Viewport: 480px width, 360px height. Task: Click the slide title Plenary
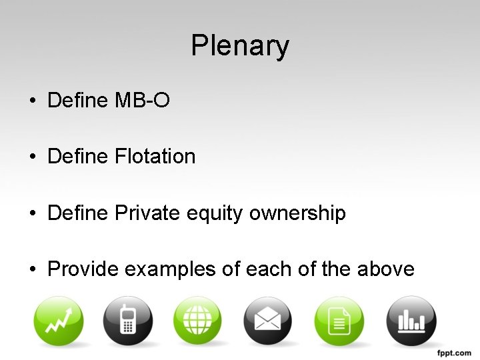[240, 46]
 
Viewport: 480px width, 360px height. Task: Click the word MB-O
[143, 101]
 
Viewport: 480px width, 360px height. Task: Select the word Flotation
[155, 157]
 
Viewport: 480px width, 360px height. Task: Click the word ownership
[297, 214]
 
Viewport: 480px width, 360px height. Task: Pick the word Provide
[83, 269]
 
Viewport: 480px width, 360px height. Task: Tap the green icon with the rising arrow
[59, 321]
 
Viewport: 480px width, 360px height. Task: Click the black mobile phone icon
[128, 321]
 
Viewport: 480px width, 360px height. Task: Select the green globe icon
[198, 321]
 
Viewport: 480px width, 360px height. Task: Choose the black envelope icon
[268, 321]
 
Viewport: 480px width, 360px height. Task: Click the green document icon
[339, 321]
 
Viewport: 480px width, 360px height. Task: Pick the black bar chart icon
[411, 321]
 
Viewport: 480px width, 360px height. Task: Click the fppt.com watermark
[454, 351]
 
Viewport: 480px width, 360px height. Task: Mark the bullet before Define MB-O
[33, 101]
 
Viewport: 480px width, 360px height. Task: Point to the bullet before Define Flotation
[33, 157]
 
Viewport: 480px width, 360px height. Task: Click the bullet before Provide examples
[33, 270]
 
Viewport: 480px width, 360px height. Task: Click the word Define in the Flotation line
[78, 157]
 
